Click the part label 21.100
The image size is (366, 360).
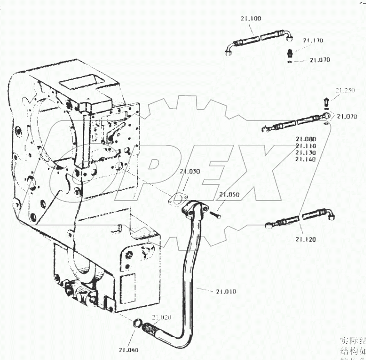251,19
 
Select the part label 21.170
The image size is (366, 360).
313,41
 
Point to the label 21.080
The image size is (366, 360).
306,139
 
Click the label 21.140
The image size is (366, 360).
306,159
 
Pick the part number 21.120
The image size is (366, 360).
306,239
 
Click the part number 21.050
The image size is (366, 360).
229,194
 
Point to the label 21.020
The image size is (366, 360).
161,317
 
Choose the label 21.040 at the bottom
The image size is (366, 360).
129,350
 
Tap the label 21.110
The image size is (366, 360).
306,146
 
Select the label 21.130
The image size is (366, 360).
306,152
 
